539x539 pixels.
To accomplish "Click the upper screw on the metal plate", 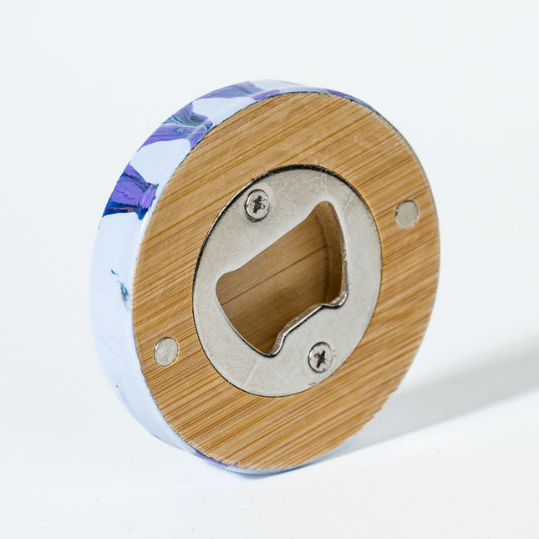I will pyautogui.click(x=257, y=204).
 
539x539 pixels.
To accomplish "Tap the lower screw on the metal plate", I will pyautogui.click(x=320, y=357).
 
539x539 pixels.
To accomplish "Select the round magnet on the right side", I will pyautogui.click(x=407, y=214).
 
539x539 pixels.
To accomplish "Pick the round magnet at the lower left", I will pyautogui.click(x=166, y=351).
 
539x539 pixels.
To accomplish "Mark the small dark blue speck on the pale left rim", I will pyautogui.click(x=124, y=292).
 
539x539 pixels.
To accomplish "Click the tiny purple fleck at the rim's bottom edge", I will pyautogui.click(x=205, y=456).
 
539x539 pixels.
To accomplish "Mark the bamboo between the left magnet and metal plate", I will pyautogui.click(x=182, y=334).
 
